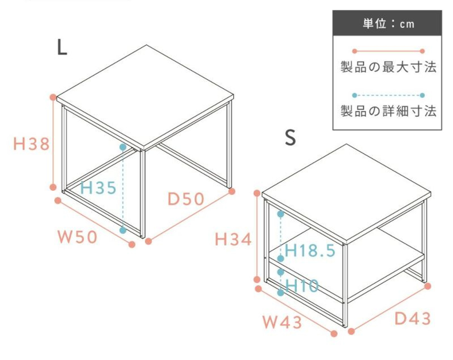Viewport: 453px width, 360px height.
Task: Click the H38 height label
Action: click(x=32, y=144)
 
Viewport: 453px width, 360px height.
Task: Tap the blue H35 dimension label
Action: click(x=98, y=188)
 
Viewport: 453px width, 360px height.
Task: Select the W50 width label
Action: click(x=77, y=237)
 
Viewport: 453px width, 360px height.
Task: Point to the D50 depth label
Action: click(x=186, y=199)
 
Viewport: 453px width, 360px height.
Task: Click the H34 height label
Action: click(x=233, y=239)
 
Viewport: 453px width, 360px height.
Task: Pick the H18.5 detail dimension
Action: click(x=310, y=251)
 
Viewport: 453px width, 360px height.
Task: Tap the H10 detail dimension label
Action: click(x=302, y=286)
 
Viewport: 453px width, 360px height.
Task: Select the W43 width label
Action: click(x=282, y=322)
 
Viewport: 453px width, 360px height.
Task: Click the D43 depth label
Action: click(x=413, y=318)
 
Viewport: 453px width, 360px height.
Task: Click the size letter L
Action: click(x=62, y=48)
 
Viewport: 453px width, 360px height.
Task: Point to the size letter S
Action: click(x=291, y=137)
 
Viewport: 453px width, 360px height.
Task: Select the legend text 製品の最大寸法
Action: click(x=388, y=67)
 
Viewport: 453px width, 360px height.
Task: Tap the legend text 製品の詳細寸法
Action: click(x=388, y=111)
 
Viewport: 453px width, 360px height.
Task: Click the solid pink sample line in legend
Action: click(x=388, y=51)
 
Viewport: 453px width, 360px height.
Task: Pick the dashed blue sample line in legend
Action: click(x=388, y=95)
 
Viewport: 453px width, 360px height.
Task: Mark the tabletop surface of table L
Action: click(x=145, y=96)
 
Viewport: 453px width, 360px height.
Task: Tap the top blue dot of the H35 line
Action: click(x=123, y=147)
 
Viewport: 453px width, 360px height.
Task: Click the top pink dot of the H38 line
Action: click(x=53, y=97)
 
